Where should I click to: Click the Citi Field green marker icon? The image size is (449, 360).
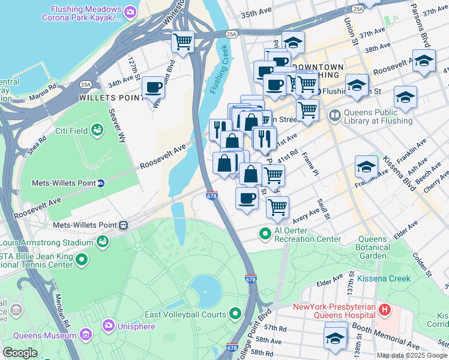[x=97, y=129]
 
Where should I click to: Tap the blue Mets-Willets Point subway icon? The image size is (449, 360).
[x=101, y=183]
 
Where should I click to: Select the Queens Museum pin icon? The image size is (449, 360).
[x=86, y=332]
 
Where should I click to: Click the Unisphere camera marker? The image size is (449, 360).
[x=109, y=326]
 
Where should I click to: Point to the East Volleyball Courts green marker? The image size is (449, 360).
[x=235, y=314]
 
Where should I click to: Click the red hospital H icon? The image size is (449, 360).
[x=385, y=310]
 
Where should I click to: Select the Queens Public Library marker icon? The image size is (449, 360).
[x=334, y=115]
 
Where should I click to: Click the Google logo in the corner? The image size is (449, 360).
[x=20, y=353]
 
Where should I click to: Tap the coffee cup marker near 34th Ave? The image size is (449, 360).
[x=153, y=88]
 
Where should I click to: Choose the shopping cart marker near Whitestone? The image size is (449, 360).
[x=182, y=42]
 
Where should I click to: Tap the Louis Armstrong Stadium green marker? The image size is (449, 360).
[x=103, y=242]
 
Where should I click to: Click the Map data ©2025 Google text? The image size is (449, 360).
[x=411, y=355]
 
